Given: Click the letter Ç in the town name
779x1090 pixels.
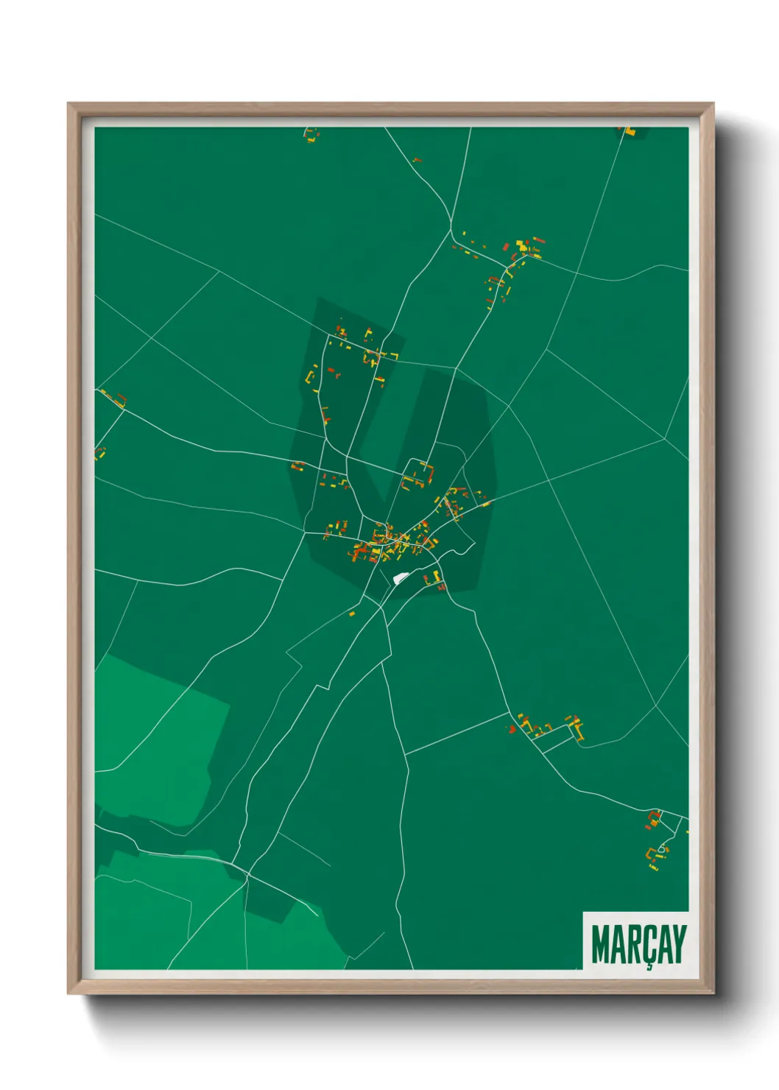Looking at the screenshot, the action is point(648,945).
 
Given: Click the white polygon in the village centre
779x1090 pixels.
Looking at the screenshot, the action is point(401,577).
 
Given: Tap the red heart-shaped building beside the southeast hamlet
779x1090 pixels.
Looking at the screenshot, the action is point(510,728).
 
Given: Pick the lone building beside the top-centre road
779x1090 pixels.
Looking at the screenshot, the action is point(417,160).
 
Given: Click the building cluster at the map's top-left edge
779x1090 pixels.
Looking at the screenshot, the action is point(311,135).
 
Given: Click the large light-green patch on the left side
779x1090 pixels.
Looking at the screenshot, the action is point(158,736).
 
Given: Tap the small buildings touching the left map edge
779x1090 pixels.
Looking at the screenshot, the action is point(99,452).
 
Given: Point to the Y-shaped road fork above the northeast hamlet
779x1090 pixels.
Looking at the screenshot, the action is point(451,228).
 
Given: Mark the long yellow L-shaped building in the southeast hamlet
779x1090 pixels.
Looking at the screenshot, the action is point(578,729).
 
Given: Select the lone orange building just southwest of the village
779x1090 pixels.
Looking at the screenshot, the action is point(351,613).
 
